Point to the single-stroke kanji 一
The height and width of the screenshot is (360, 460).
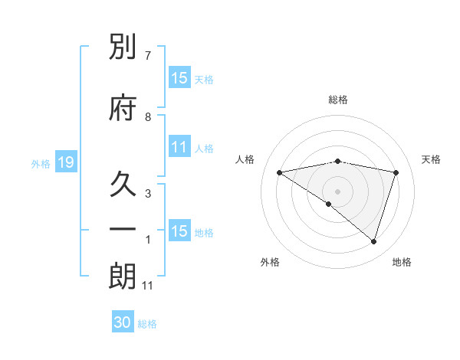[123, 230]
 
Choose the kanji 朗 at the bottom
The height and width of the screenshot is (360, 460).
[123, 277]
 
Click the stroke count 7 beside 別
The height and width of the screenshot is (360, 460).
[148, 56]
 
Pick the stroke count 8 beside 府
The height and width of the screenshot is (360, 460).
[148, 117]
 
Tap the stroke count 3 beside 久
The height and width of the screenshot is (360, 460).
[148, 193]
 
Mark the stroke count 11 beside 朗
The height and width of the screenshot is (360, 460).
[148, 286]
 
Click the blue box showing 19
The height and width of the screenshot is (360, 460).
[65, 162]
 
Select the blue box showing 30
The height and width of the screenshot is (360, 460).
[123, 322]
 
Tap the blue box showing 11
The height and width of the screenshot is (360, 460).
[179, 147]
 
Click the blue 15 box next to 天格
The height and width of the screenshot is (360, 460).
[179, 78]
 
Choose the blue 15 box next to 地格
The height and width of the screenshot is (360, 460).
[179, 231]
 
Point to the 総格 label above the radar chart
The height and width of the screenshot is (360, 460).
[337, 100]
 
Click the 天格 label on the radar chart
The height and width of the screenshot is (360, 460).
[431, 159]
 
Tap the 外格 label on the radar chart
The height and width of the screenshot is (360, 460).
[270, 263]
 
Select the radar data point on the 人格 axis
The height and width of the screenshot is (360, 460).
[280, 172]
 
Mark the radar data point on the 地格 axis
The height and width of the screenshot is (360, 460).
[373, 241]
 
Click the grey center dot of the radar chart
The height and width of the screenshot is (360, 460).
[337, 191]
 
